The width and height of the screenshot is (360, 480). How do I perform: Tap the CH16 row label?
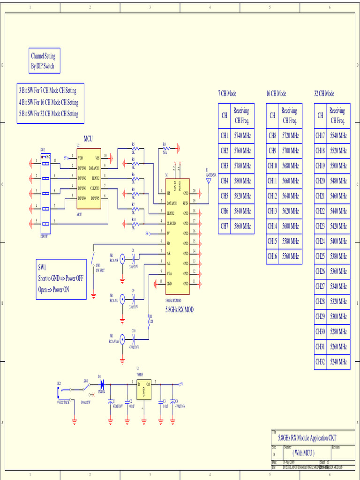(x=272, y=256)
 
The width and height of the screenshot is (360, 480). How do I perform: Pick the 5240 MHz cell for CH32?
(x=338, y=361)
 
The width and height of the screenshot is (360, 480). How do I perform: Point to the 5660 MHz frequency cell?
(x=290, y=181)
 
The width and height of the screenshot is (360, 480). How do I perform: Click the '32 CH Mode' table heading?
(x=324, y=94)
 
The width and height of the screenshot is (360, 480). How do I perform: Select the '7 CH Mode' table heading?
(x=227, y=94)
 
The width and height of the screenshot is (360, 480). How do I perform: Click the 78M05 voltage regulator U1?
(x=143, y=390)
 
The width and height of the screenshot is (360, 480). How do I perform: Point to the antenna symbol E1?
(x=209, y=180)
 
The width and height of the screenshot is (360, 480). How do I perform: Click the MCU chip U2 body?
(x=89, y=179)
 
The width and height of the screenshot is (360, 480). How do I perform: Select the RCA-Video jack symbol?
(x=122, y=339)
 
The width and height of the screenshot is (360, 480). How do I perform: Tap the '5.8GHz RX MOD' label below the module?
(x=179, y=309)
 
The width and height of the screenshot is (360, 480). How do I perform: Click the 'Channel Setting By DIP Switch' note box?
(x=43, y=61)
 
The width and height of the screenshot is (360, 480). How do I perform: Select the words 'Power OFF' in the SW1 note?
(x=74, y=278)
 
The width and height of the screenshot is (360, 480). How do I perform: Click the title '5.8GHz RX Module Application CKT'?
(x=307, y=438)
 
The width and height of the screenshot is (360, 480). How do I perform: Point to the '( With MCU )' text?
(x=303, y=452)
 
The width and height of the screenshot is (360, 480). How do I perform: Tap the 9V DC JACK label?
(x=63, y=402)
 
